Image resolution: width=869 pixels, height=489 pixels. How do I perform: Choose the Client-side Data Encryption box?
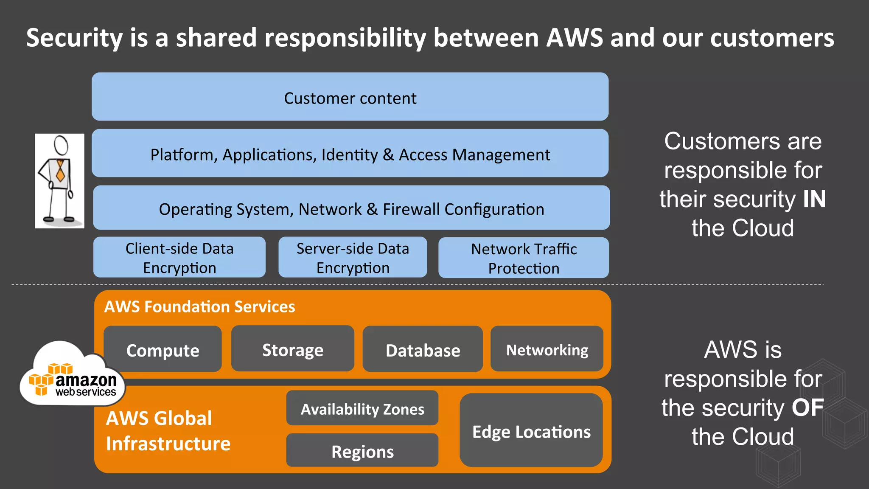[x=179, y=258]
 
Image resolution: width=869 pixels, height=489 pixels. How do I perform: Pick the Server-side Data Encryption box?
[x=353, y=258]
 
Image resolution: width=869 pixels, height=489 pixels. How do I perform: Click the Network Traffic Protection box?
[x=524, y=258]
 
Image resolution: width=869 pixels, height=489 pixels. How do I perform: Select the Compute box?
[x=163, y=350]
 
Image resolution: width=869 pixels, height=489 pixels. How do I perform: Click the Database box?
[x=423, y=350]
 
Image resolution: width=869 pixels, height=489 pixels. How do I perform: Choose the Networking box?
[x=547, y=349]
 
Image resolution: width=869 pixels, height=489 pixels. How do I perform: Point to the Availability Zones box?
[x=362, y=408]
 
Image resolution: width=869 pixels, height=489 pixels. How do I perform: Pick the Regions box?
[x=362, y=451]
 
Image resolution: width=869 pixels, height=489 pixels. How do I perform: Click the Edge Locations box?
[x=531, y=431]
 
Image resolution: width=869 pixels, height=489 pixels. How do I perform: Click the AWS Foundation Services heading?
[x=199, y=306]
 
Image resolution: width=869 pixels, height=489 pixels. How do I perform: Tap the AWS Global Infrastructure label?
[x=168, y=430]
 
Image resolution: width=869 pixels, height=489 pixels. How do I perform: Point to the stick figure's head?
[x=61, y=146]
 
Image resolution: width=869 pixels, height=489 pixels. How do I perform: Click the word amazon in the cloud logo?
[x=86, y=380]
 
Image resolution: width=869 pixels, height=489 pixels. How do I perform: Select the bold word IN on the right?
[x=814, y=199]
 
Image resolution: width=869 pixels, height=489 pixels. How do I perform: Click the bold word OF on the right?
[x=807, y=407]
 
